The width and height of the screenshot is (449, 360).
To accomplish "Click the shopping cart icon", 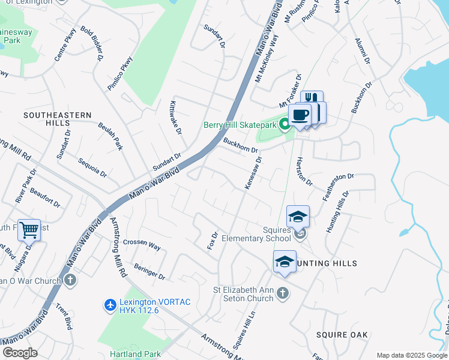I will click(29, 229).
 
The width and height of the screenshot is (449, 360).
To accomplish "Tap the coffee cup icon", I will click(299, 114).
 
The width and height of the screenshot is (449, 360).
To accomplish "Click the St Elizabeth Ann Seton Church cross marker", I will click(283, 293).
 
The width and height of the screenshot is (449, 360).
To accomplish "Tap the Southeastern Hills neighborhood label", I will click(58, 118).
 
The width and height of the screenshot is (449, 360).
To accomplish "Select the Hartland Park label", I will click(134, 353).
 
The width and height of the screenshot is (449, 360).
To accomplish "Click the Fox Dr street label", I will click(212, 241).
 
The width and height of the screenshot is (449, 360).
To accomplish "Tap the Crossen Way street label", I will click(142, 245).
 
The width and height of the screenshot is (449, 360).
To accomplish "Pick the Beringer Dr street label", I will click(149, 271).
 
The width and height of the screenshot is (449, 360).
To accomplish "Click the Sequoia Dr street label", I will click(92, 168).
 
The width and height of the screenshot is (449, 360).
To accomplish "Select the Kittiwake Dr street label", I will click(175, 117).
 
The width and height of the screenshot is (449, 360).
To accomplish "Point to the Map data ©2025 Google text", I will click(411, 355).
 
